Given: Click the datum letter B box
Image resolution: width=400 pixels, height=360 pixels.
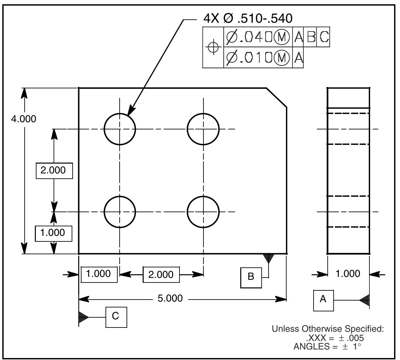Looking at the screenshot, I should point(251,277).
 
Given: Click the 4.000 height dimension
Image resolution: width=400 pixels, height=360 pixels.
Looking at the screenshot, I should point(24,119).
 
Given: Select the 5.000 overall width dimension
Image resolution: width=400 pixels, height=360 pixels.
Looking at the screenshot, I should point(170,298).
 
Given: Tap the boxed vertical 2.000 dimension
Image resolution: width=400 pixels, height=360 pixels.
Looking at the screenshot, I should point(54,170).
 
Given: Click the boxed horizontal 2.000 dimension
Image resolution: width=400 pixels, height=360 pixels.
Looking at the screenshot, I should point(161,274).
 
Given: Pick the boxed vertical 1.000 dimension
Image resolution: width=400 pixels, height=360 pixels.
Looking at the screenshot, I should point(53,233).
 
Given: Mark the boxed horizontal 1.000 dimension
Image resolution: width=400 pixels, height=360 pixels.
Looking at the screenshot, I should point(99,274).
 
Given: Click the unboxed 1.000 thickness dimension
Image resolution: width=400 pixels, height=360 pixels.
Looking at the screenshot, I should point(348,274).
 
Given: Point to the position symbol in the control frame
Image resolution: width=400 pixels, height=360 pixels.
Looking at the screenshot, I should point(213,48).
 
